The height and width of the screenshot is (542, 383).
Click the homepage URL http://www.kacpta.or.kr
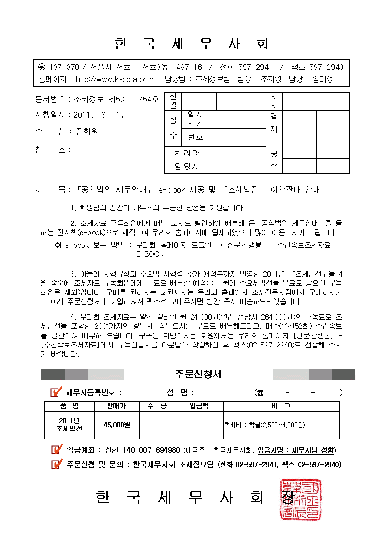click(x=115, y=79)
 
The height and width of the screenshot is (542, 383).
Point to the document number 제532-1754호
click(x=133, y=100)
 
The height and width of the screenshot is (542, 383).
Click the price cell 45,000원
click(x=117, y=425)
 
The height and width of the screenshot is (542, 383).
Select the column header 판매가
click(x=116, y=406)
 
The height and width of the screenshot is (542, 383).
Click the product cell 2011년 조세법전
click(x=69, y=424)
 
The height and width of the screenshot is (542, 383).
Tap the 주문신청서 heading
click(x=198, y=374)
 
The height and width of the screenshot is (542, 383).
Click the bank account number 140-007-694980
click(x=151, y=450)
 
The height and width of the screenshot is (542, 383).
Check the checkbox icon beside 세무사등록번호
click(x=56, y=392)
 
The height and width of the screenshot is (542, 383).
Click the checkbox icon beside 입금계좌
click(x=56, y=450)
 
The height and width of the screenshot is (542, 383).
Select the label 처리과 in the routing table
click(x=186, y=153)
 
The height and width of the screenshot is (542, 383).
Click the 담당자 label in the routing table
click(x=186, y=167)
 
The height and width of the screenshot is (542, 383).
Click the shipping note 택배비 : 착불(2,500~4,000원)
click(x=264, y=425)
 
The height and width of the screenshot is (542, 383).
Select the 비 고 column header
click(x=281, y=406)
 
